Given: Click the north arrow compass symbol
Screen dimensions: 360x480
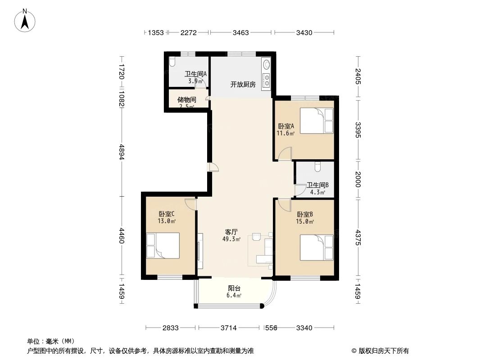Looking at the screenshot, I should [26, 20].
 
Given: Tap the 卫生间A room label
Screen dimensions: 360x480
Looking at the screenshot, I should [195, 74].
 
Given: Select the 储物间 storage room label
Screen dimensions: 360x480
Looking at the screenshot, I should [186, 99].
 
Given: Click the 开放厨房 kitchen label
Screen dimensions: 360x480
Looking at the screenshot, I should [243, 84].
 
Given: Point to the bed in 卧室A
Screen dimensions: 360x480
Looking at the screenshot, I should [317, 121].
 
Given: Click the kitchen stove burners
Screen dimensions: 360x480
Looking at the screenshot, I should [267, 80].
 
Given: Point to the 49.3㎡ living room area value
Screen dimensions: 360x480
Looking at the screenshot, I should [231, 239].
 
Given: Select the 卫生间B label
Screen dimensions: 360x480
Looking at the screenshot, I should [317, 184].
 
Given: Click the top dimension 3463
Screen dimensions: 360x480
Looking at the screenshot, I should [241, 32].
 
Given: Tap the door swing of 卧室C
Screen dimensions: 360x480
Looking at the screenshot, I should [190, 204].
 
